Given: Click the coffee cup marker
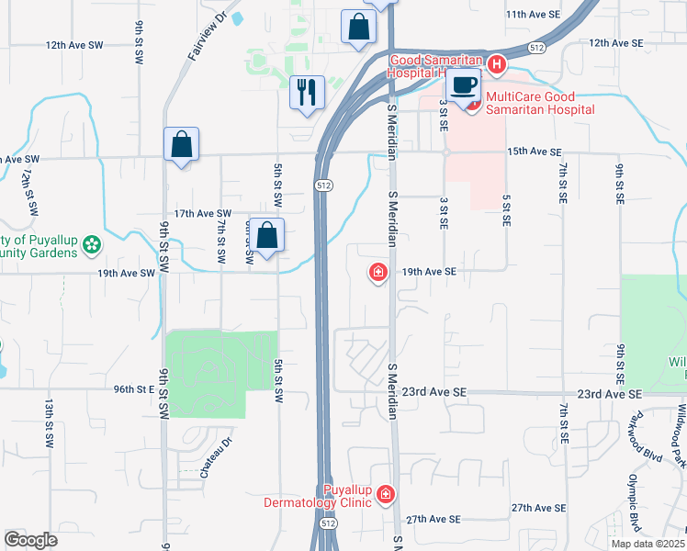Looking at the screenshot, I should [464, 86].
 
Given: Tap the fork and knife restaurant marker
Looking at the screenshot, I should [307, 92].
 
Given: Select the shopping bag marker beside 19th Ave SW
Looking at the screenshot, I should [266, 236].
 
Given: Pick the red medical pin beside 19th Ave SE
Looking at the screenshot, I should [377, 273].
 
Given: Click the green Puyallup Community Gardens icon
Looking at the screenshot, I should [91, 244].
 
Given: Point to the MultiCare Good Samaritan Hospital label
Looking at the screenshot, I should [539, 103].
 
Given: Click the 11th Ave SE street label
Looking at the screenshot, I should [533, 15].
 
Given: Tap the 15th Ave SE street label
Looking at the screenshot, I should [534, 151].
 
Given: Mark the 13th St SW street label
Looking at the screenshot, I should [47, 423].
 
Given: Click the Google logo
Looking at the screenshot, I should [31, 540].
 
